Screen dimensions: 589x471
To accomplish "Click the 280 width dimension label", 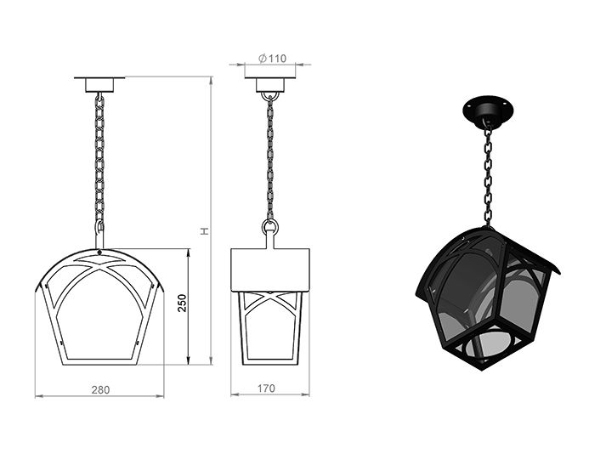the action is tap(100, 389).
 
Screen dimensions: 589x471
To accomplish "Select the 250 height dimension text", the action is tap(182, 303).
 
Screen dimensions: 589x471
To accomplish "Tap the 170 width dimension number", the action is tap(266, 389).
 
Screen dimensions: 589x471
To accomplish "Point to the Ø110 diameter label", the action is tap(272, 59).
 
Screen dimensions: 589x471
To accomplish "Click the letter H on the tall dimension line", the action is tap(204, 231).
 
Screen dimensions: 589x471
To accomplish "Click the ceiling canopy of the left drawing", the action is tap(99, 84).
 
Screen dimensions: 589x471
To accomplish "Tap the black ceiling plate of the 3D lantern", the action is tap(488, 111).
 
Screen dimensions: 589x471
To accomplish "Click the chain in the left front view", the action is tap(99, 162).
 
